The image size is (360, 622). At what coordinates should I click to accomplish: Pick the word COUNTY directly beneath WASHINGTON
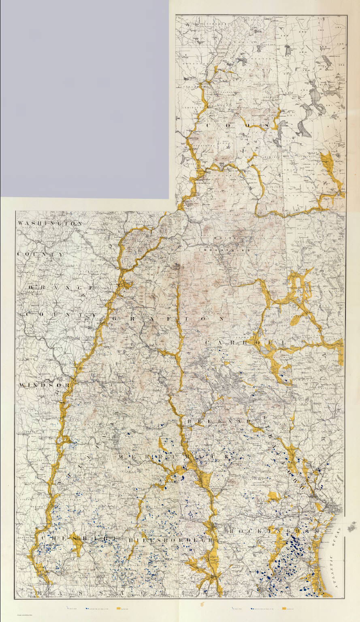[x=40, y=254]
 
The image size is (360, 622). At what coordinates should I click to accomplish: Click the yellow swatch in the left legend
[x=119, y=608]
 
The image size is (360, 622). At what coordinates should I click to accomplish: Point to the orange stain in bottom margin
[x=202, y=605]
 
